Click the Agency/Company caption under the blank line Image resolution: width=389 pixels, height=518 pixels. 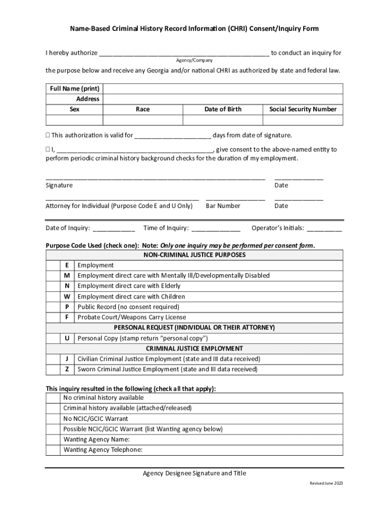194,60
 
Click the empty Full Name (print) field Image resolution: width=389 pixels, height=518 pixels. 222,89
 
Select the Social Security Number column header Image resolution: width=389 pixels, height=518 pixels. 303,109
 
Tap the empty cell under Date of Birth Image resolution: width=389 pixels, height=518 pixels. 223,120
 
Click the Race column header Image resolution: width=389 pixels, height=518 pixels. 143,109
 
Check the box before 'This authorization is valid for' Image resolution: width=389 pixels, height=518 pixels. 48,136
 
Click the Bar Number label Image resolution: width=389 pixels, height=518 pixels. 223,206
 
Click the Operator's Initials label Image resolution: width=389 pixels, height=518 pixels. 277,228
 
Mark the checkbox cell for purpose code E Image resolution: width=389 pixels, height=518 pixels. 53,265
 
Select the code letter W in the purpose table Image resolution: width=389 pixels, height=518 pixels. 67,296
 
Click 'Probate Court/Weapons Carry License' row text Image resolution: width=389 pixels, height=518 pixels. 131,317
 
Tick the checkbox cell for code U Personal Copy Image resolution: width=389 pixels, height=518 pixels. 53,338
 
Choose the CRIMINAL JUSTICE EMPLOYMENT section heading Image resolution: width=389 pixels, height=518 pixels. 194,349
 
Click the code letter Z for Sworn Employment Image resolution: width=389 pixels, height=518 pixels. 67,369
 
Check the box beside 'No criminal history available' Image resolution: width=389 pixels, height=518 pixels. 53,398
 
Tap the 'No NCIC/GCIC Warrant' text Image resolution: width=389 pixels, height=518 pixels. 95,419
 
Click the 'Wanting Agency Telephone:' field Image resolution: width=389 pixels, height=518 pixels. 202,450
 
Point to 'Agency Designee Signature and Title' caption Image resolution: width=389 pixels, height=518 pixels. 194,473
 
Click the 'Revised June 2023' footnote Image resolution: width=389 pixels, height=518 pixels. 326,484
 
